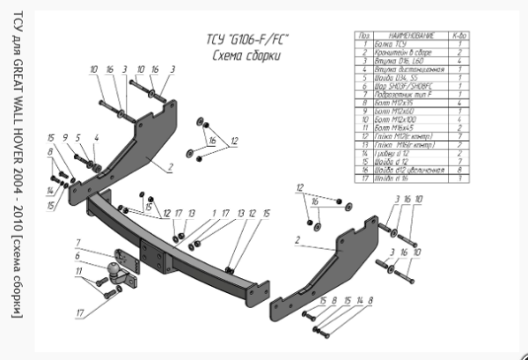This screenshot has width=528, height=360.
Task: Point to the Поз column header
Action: pyautogui.click(x=361, y=34)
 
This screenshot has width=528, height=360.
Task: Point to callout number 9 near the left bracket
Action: pyautogui.click(x=64, y=137)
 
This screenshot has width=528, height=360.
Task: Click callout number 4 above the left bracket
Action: pyautogui.click(x=95, y=137)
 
